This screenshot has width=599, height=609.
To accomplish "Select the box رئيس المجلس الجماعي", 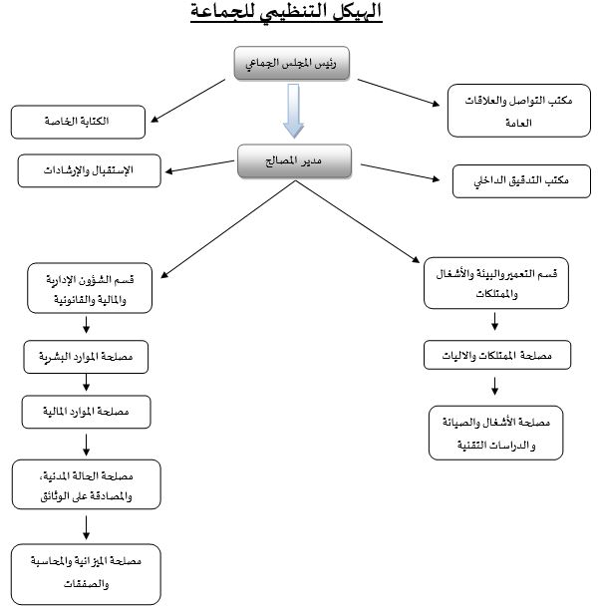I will click(298, 65).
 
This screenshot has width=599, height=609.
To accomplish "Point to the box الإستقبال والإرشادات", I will click(89, 170).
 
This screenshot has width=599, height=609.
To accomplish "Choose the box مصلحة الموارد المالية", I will click(87, 411).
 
